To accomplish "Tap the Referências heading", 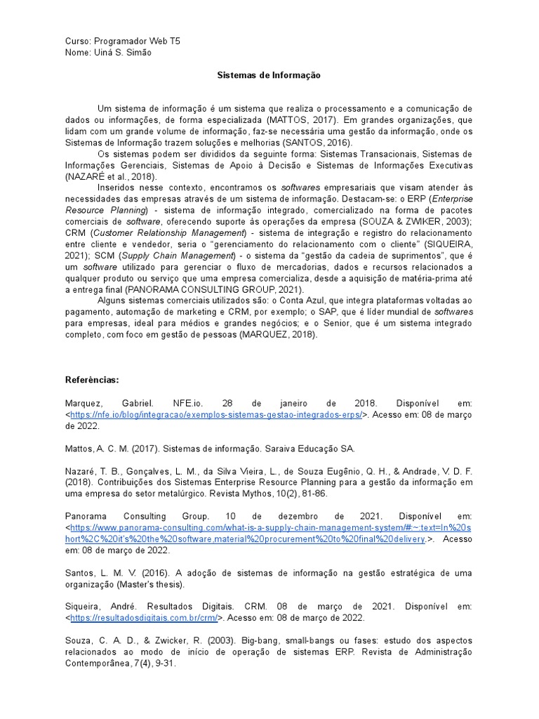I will tap(92, 379).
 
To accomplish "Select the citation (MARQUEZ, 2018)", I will tap(278, 335).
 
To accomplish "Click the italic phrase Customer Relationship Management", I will tap(168, 233).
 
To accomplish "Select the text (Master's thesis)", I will tap(151, 583).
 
